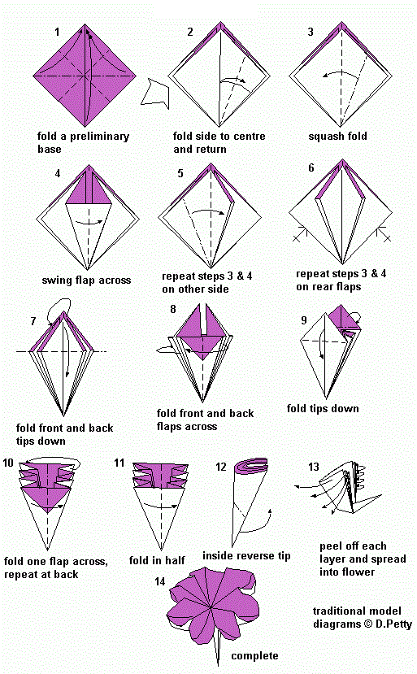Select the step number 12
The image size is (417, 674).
(221, 467)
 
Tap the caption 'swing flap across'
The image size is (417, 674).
(86, 280)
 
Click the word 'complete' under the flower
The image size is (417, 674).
(254, 655)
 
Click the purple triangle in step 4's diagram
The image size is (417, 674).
(85, 194)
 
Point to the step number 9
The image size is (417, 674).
(303, 320)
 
